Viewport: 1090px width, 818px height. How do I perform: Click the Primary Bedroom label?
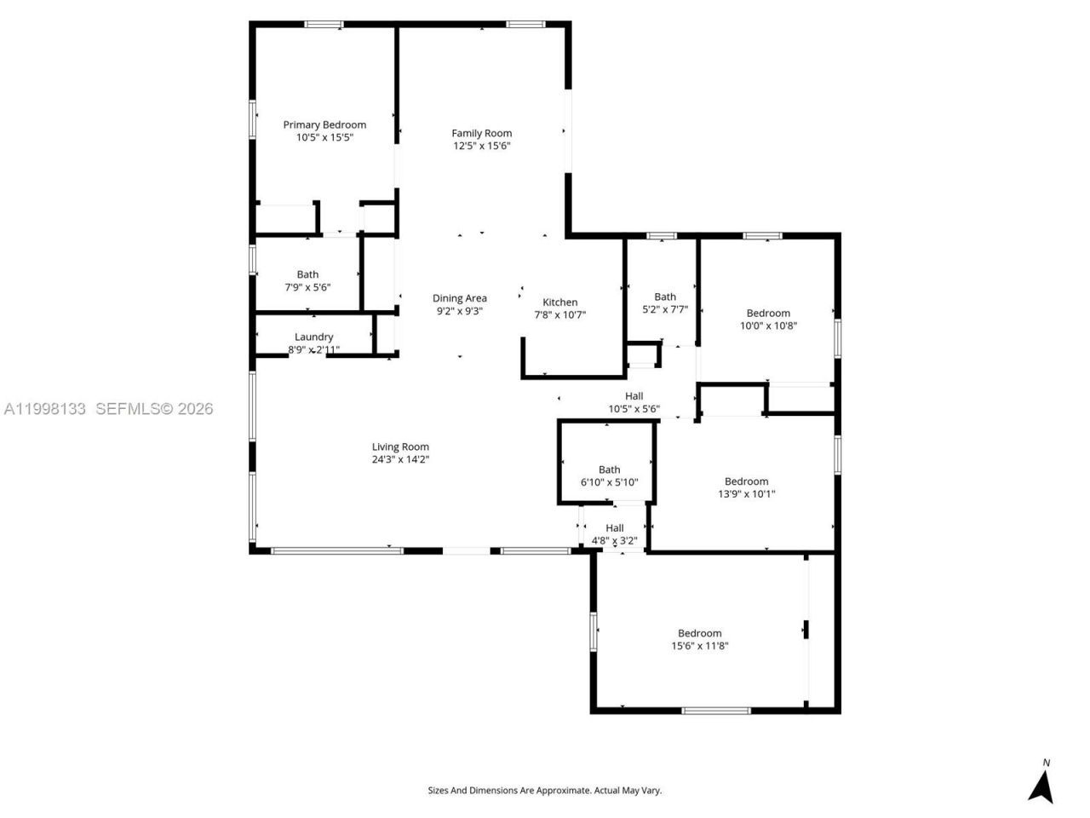(x=324, y=124)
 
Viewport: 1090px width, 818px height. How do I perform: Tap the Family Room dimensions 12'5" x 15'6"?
(x=481, y=146)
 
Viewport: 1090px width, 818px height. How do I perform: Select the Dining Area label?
(x=459, y=298)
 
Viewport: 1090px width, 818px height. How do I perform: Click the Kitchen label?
(x=559, y=302)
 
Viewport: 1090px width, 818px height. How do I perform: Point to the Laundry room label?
(x=313, y=337)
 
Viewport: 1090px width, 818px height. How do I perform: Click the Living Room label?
(x=400, y=446)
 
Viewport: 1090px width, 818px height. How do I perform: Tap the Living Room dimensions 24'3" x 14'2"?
(x=400, y=459)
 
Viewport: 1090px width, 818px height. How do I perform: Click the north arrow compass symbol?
(x=1041, y=781)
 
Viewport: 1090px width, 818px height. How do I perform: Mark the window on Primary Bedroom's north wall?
(x=324, y=25)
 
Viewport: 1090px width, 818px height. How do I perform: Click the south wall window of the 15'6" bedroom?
(x=716, y=710)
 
